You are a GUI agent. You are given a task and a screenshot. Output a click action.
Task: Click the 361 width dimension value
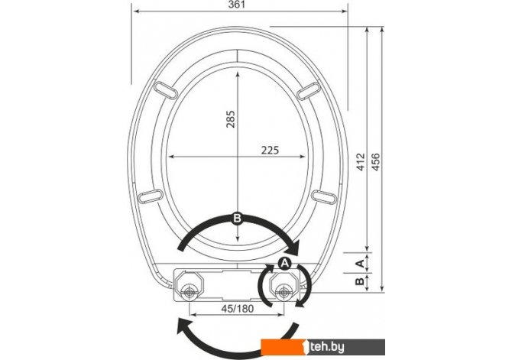[x=237, y=5]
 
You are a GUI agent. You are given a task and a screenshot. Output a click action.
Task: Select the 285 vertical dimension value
[x=231, y=119]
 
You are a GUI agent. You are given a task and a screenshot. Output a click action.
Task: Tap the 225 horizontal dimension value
[x=270, y=151]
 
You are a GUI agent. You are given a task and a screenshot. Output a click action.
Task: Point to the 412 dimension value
[x=361, y=161]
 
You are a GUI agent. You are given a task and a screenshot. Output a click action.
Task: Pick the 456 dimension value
[x=376, y=161]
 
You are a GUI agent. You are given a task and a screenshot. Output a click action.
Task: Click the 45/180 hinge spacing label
[x=238, y=308]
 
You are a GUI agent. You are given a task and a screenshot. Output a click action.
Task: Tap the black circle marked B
[x=237, y=218]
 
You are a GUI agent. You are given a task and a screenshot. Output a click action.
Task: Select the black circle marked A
[x=285, y=263]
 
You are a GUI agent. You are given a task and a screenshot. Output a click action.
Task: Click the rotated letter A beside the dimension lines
[x=359, y=263]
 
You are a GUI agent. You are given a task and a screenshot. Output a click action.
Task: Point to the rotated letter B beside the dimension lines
[x=359, y=281]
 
